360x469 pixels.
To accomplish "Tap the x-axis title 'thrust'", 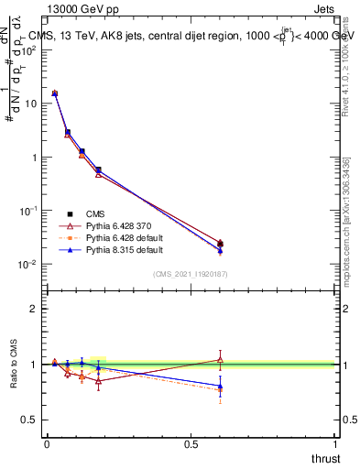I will pos(324,458).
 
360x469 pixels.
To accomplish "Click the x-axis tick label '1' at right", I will pos(336,444).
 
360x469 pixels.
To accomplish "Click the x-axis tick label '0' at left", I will pos(46,444).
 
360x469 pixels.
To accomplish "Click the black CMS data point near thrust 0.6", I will pos(220,244).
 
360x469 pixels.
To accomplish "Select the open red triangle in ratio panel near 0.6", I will pos(220,359).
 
